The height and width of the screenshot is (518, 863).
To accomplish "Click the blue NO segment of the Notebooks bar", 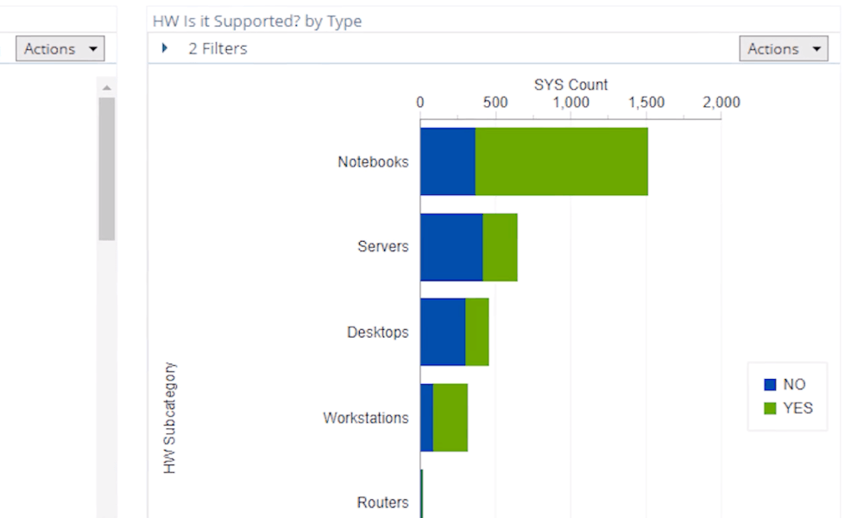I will tap(448, 161).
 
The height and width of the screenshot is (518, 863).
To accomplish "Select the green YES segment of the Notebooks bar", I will tap(561, 161).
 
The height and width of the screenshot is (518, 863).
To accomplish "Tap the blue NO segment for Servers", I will tap(451, 247).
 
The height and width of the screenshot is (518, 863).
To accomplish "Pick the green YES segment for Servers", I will tap(500, 247).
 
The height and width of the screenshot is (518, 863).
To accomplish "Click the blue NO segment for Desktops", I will tap(443, 332).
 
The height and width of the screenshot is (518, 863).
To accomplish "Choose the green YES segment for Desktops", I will tap(477, 332).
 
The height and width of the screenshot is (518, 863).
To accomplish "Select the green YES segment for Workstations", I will tap(450, 418).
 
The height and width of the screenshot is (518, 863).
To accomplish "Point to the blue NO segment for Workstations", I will tap(426, 418).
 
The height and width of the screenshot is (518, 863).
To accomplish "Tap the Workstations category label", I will tap(366, 418).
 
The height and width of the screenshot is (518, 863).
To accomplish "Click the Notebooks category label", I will tap(373, 161).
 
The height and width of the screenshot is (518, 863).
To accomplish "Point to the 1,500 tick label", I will tap(646, 103).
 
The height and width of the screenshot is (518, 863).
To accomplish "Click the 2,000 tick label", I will tap(721, 103).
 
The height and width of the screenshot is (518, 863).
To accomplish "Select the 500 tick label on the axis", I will tap(495, 103).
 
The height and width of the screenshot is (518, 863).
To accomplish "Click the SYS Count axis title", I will tap(570, 85).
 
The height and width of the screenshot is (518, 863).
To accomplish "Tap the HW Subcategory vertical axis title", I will tap(170, 418).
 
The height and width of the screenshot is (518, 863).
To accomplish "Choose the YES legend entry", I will tap(788, 408).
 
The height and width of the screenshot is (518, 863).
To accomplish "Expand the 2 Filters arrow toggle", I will tap(165, 48).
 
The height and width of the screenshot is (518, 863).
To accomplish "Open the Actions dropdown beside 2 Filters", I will tap(783, 49).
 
